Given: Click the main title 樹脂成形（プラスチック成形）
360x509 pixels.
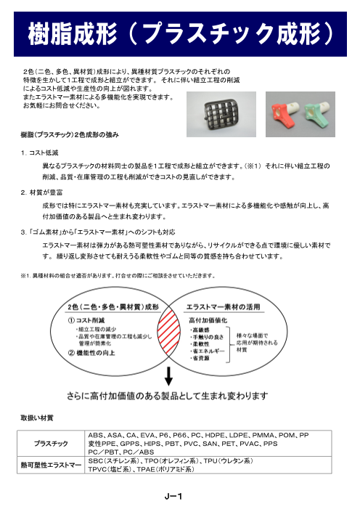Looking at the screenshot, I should [x=180, y=33].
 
